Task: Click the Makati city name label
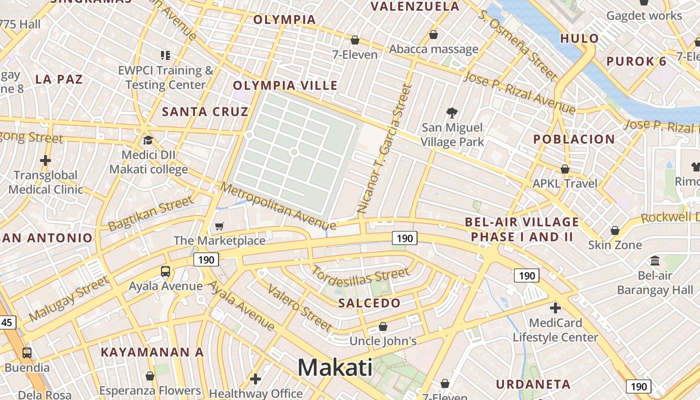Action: click(x=335, y=368)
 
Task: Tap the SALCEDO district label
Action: click(x=369, y=303)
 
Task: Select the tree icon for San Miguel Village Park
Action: click(x=452, y=112)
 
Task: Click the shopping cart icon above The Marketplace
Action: click(x=219, y=226)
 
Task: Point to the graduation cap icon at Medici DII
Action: click(x=148, y=140)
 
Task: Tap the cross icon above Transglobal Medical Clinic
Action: click(x=45, y=160)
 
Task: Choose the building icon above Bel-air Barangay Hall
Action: click(x=655, y=260)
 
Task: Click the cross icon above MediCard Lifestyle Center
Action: click(x=555, y=308)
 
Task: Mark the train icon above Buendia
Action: click(x=27, y=352)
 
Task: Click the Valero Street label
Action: click(x=299, y=307)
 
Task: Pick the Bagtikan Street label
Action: click(x=150, y=213)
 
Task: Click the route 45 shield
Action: click(x=7, y=322)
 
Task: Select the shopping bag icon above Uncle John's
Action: click(x=383, y=326)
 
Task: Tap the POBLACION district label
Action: click(x=574, y=139)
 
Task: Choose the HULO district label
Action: click(x=579, y=38)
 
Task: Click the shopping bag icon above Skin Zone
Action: click(x=615, y=230)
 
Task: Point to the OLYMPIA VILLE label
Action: click(x=285, y=85)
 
